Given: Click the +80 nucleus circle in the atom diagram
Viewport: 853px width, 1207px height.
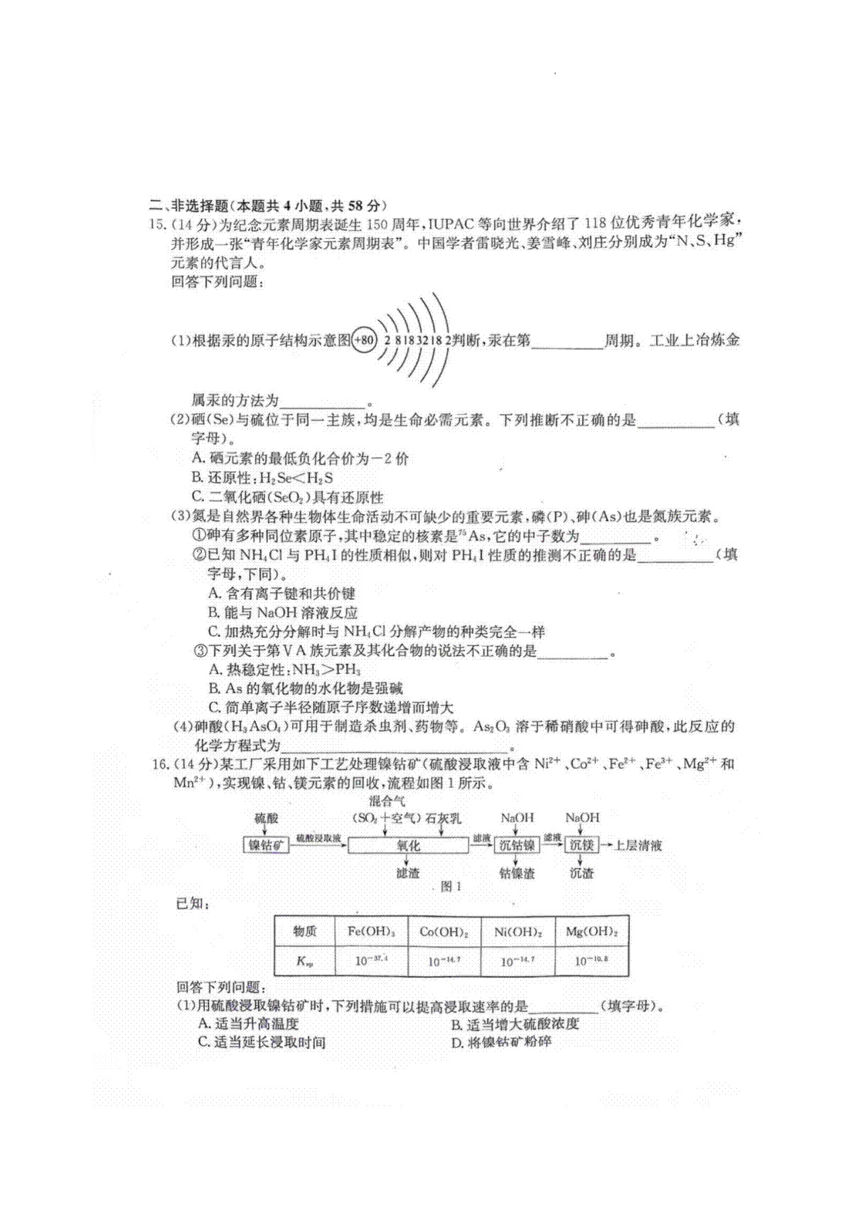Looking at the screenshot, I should tap(363, 340).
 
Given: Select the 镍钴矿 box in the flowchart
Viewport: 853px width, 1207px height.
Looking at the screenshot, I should tap(267, 845).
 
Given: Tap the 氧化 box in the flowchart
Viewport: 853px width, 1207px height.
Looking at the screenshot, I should tap(408, 845).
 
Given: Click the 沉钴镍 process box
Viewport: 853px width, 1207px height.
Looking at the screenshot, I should tap(517, 845).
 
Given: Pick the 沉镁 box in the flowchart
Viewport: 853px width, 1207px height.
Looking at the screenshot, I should tap(581, 845).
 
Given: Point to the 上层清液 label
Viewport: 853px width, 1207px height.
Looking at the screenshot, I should tap(638, 845).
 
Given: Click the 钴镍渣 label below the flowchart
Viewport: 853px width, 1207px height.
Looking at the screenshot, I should tap(517, 873).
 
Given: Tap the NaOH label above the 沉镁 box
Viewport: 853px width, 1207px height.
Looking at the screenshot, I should tap(582, 818).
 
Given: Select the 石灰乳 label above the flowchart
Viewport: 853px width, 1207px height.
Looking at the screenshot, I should tap(444, 818).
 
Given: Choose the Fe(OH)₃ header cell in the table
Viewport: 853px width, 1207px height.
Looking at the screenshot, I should tap(371, 931).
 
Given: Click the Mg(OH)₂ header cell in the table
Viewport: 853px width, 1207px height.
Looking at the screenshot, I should tap(591, 931).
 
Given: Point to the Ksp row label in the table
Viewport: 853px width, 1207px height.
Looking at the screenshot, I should tap(304, 962).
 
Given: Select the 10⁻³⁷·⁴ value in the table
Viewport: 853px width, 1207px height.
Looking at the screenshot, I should tap(371, 962).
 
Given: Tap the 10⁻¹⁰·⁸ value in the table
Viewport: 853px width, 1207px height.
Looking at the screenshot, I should tap(591, 962).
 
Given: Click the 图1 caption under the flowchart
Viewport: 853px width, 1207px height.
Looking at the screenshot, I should tap(451, 886).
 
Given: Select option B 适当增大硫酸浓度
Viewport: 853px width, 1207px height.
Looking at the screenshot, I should tap(515, 1024).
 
